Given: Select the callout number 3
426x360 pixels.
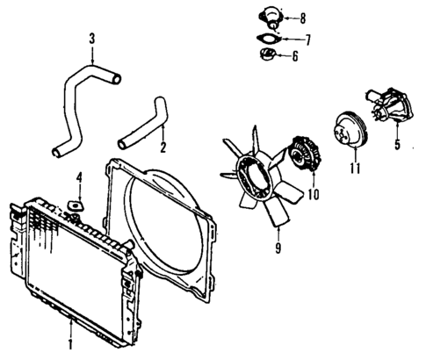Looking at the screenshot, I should click(x=91, y=39).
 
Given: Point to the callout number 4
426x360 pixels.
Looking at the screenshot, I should click(x=78, y=180).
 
